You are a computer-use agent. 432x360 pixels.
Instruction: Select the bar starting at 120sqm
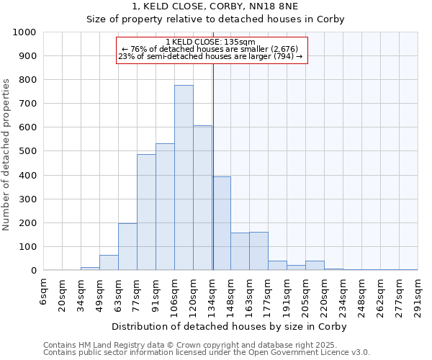pyautogui.click(x=202, y=198)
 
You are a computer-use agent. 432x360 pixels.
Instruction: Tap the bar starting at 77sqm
pyautogui.click(x=146, y=212)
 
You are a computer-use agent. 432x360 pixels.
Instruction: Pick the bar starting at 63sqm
pyautogui.click(x=127, y=247)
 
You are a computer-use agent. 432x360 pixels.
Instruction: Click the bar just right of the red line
pyautogui.click(x=222, y=223)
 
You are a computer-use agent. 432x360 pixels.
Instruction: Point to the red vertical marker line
pyautogui.click(x=213, y=166)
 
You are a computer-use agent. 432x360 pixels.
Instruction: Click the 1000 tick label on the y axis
pyautogui.click(x=25, y=32)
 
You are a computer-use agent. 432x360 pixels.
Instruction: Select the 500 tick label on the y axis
pyautogui.click(x=28, y=152)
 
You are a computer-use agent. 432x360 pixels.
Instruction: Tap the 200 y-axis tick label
pyautogui.click(x=28, y=223)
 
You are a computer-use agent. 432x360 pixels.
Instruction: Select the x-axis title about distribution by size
pyautogui.click(x=229, y=326)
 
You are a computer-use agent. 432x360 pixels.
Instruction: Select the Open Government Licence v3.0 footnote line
pyautogui.click(x=206, y=353)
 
